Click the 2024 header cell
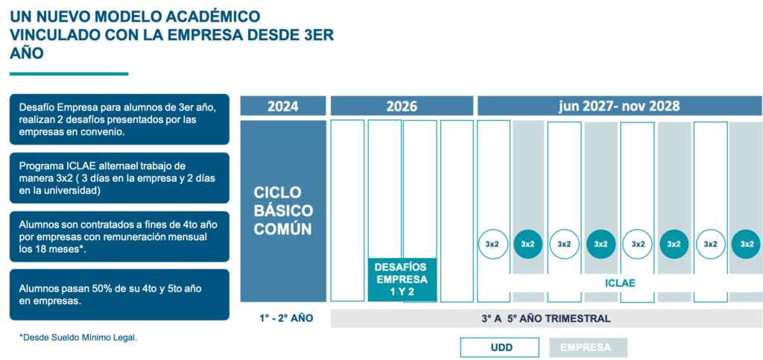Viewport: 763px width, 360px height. click(x=282, y=106)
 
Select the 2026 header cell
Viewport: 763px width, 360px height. click(x=401, y=106)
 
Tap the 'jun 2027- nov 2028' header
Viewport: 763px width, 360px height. click(x=618, y=106)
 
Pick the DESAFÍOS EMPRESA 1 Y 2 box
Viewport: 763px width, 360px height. click(x=401, y=279)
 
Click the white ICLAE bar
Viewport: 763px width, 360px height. click(x=619, y=283)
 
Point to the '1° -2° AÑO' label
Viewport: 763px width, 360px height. click(x=286, y=318)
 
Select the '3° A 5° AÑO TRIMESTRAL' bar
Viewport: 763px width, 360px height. click(x=545, y=318)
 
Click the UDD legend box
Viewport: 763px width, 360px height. click(x=500, y=347)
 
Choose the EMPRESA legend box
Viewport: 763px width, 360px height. click(x=588, y=347)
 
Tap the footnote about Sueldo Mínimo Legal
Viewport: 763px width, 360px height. click(x=78, y=338)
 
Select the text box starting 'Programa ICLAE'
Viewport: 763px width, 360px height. click(x=119, y=178)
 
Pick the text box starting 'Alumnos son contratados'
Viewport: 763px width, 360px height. click(x=119, y=236)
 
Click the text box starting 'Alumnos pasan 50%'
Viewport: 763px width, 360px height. click(x=119, y=294)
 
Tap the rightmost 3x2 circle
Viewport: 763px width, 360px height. click(x=747, y=243)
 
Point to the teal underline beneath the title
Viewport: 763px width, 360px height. click(x=69, y=74)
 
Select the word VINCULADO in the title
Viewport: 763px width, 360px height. click(x=53, y=34)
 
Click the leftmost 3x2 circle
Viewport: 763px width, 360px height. click(x=492, y=243)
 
